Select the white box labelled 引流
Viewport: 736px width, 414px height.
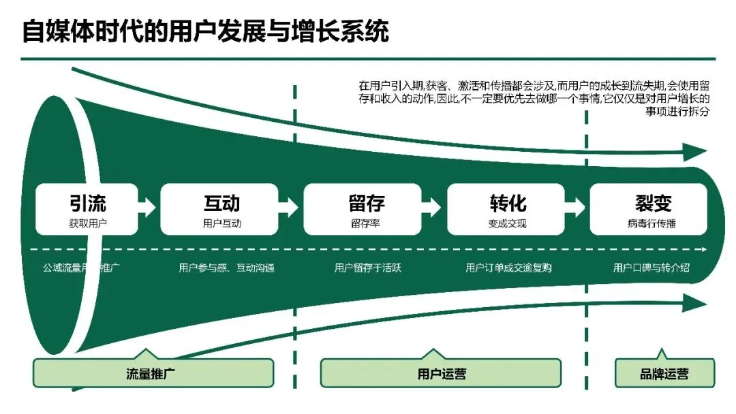[87, 209]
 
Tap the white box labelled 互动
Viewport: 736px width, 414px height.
[220, 209]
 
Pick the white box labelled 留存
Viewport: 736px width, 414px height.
[367, 209]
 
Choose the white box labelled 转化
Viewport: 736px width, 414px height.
[507, 209]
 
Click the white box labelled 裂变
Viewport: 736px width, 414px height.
[651, 209]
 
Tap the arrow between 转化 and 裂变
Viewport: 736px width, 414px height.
[578, 204]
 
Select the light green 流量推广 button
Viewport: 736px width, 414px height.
[153, 374]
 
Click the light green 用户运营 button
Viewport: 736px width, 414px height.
[441, 374]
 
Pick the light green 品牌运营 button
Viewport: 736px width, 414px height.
[664, 374]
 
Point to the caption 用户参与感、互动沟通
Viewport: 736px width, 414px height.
[222, 268]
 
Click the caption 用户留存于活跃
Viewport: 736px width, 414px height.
[367, 268]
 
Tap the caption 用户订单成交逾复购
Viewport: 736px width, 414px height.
[508, 268]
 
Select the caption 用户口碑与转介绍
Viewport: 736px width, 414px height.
[651, 268]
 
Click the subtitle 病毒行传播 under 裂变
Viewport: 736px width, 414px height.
[651, 223]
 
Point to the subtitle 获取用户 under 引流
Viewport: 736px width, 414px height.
[88, 223]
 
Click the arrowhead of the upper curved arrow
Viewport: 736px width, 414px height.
[694, 152]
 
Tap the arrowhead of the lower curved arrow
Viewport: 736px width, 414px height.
[694, 302]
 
